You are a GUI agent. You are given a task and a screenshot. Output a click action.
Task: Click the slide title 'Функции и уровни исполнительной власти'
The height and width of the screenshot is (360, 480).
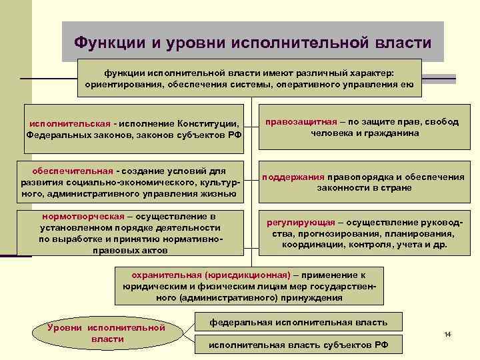click(253, 43)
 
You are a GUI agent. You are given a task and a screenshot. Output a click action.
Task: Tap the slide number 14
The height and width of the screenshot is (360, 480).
click(448, 333)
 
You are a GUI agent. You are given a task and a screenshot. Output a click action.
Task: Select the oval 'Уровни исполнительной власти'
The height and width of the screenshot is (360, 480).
click(107, 333)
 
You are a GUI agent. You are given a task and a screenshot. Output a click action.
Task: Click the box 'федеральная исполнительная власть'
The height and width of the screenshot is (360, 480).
click(298, 323)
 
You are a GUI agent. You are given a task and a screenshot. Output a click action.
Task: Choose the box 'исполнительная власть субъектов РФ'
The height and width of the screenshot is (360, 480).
click(298, 345)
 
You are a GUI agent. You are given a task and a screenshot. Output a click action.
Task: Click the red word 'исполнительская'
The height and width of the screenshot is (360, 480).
click(69, 123)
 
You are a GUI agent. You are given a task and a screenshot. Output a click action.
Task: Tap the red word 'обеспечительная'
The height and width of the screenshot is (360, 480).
click(71, 171)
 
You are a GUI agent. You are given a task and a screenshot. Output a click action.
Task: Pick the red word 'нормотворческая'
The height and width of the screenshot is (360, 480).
click(81, 217)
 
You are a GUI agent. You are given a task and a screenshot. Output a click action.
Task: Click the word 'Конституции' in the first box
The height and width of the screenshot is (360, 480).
click(207, 123)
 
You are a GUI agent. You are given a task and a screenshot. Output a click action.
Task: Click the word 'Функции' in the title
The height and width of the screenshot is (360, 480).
click(110, 43)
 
